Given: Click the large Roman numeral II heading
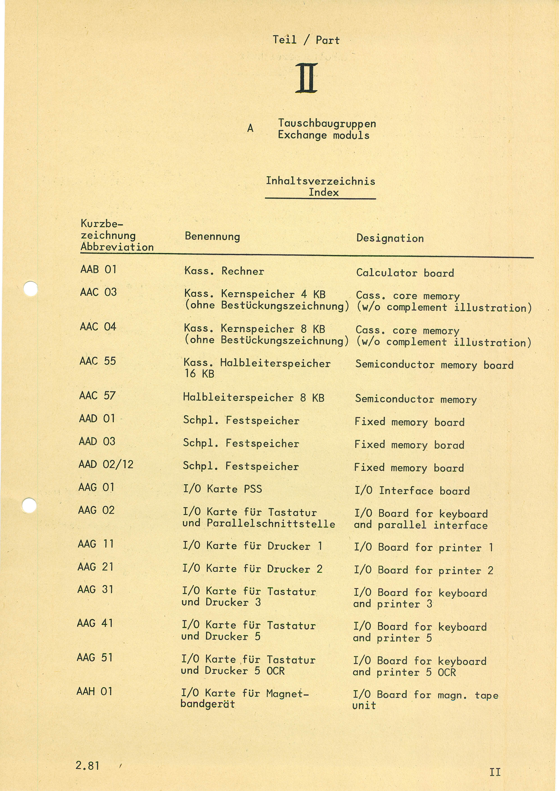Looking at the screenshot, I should click(x=306, y=78).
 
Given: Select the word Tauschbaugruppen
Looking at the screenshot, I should click(x=327, y=124).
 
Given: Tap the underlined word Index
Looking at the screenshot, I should click(x=323, y=192).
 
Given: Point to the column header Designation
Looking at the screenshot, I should click(x=390, y=238).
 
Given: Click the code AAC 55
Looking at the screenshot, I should click(x=98, y=361).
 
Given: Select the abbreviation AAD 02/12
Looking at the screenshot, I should click(x=106, y=464).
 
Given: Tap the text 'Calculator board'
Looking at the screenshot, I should click(x=405, y=273).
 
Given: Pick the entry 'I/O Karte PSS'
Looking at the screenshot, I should click(x=222, y=489).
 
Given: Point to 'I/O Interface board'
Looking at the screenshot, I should click(x=412, y=491).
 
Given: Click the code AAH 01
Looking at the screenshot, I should click(x=94, y=691).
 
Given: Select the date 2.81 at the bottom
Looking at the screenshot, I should click(x=87, y=766).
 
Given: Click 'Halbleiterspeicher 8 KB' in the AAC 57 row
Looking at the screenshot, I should click(x=254, y=398).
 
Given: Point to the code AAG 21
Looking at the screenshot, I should click(x=95, y=567).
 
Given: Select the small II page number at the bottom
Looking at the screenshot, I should click(x=495, y=772).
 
